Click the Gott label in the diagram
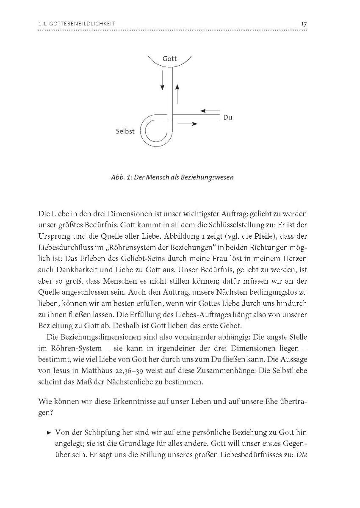[x=169, y=59]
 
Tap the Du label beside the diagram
[x=227, y=117]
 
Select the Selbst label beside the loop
[x=125, y=131]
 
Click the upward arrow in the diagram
[x=177, y=94]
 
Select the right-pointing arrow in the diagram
[x=189, y=124]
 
